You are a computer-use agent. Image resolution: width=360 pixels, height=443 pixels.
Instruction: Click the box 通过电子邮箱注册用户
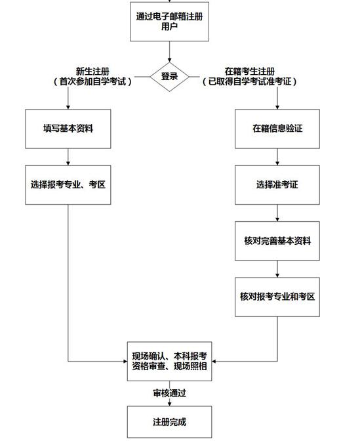point(169,22)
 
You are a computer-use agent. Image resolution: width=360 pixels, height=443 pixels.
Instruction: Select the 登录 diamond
point(169,76)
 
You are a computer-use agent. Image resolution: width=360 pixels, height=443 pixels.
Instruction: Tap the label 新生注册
point(92,71)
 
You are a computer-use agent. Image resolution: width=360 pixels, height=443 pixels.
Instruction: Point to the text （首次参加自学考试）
point(92,82)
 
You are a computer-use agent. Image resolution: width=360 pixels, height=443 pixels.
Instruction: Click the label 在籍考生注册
point(249,71)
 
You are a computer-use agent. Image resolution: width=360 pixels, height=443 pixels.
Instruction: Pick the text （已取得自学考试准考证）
point(249,82)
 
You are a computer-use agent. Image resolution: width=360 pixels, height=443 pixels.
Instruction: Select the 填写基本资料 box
point(68,129)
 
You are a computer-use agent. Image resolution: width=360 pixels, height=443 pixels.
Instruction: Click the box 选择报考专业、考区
point(68,184)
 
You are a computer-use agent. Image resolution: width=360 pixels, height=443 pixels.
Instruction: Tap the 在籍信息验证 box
point(277,129)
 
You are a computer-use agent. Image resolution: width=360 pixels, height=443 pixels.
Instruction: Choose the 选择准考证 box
point(277,184)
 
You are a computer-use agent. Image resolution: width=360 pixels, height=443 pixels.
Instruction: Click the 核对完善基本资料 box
point(277,240)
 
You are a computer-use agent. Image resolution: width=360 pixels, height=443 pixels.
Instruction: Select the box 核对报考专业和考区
point(277,297)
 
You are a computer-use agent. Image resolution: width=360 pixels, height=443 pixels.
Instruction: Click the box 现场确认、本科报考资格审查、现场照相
point(169,362)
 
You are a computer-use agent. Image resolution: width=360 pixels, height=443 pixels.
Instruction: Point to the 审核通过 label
point(169,393)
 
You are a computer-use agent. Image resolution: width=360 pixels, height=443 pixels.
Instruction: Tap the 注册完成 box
point(169,421)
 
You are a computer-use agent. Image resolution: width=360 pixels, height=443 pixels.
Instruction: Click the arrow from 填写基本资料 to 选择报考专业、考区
point(68,156)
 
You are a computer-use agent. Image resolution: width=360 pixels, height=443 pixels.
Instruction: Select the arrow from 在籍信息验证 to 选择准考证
point(277,156)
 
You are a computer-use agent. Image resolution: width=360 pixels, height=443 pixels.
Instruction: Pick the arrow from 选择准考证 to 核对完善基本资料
point(277,213)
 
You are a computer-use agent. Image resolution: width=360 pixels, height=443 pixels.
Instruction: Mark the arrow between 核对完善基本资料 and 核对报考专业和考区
point(277,268)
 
